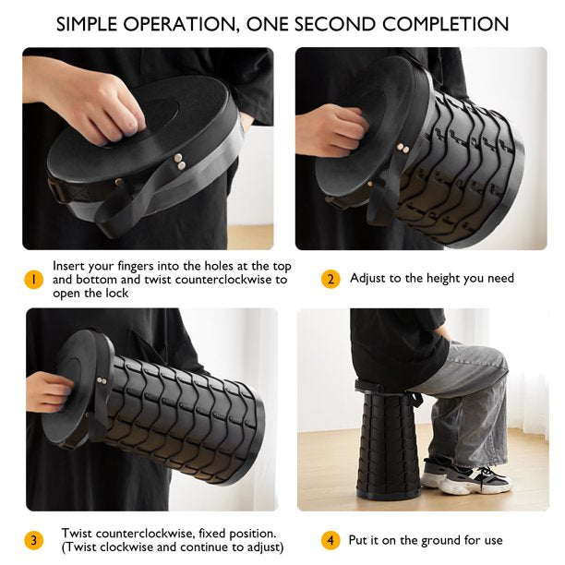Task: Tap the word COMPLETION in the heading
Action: pyautogui.click(x=445, y=24)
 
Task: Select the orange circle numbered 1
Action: pyautogui.click(x=33, y=280)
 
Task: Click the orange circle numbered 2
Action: pyautogui.click(x=331, y=279)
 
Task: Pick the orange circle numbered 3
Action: pyautogui.click(x=33, y=540)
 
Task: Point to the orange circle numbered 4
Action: pyautogui.click(x=331, y=540)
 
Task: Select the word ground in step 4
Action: pyautogui.click(x=440, y=540)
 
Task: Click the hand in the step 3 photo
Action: pyautogui.click(x=48, y=391)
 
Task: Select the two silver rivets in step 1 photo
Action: pyautogui.click(x=179, y=161)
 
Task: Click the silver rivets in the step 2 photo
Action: pyautogui.click(x=403, y=148)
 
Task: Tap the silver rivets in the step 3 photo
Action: pyautogui.click(x=102, y=380)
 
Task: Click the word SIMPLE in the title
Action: pyautogui.click(x=87, y=24)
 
